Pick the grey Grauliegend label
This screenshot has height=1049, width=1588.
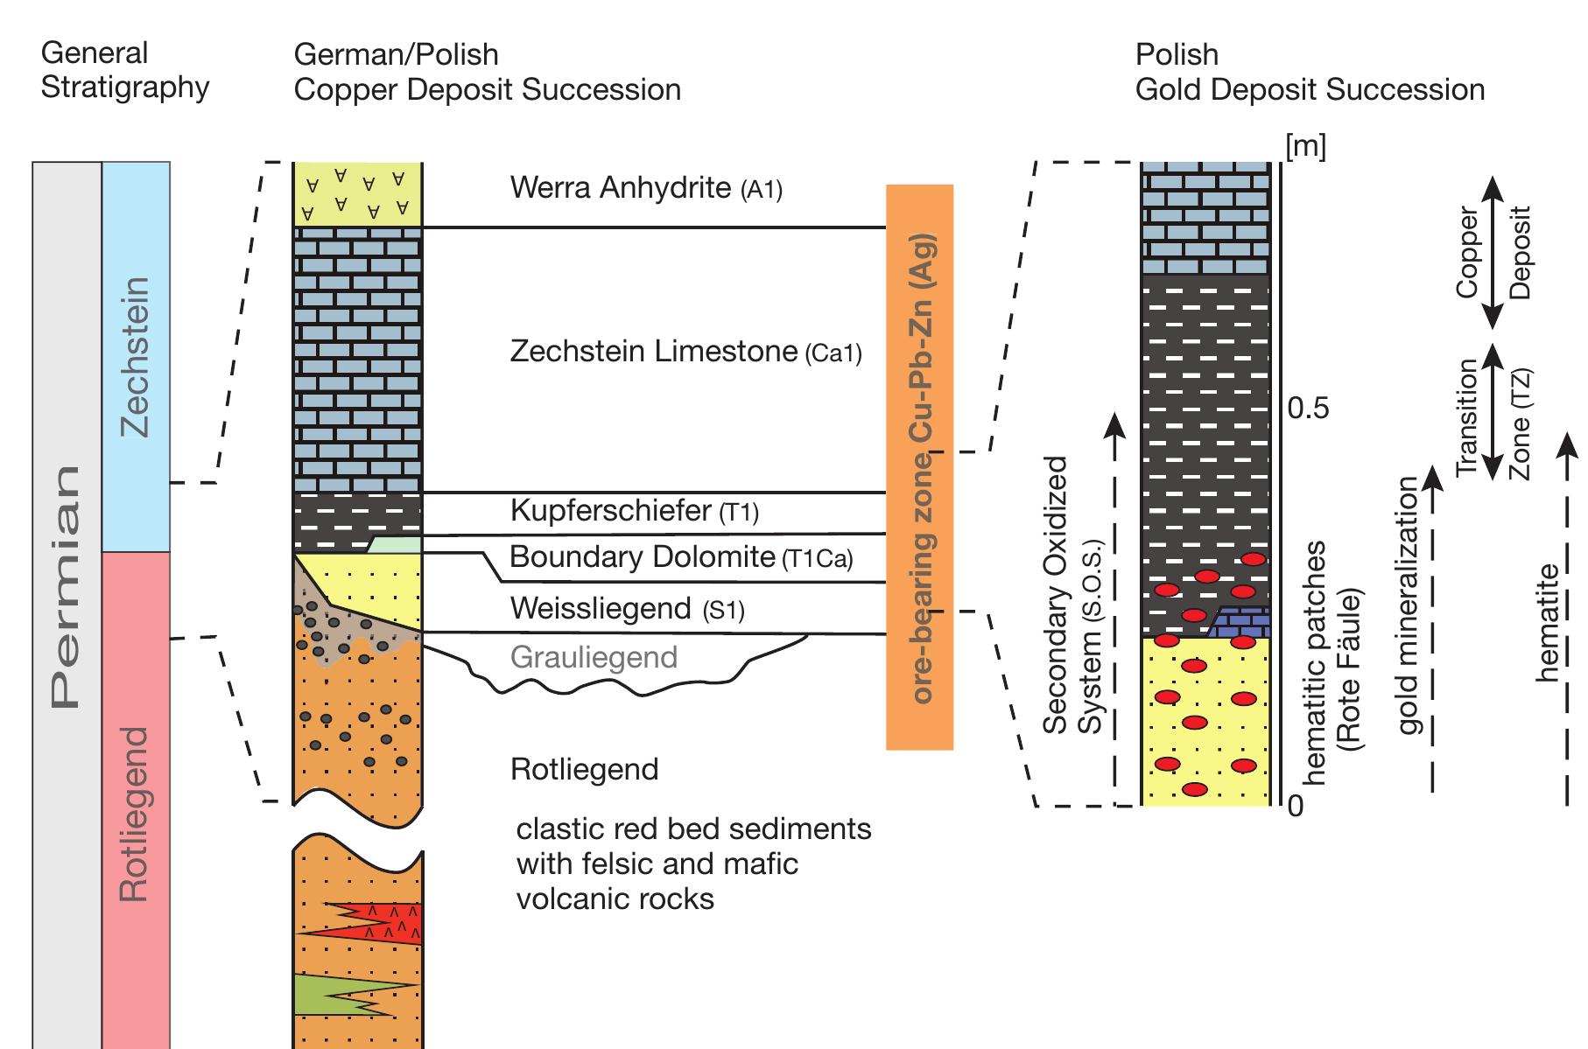594,657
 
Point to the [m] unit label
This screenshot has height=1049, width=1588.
1305,146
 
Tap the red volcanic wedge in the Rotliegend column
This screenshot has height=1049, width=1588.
385,922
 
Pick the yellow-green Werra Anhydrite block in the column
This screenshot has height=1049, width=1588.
357,194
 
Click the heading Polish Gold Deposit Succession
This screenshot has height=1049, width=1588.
1309,72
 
